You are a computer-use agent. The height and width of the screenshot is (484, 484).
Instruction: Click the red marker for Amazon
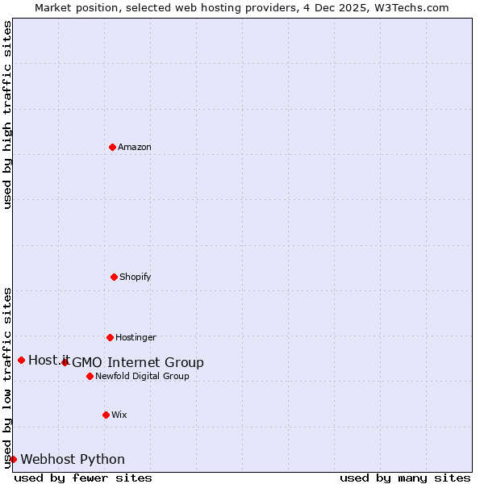(112, 147)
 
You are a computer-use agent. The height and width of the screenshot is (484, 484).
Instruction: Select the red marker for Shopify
(114, 277)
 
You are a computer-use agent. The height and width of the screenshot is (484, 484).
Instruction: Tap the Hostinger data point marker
(110, 337)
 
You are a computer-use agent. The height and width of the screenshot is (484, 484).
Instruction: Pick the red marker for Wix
(106, 415)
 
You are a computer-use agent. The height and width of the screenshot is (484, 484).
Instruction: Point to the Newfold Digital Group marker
(90, 376)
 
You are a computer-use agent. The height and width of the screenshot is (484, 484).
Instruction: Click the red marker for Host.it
(21, 360)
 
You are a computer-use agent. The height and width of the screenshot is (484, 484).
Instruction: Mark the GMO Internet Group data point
(65, 362)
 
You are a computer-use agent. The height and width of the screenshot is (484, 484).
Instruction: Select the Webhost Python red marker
(13, 459)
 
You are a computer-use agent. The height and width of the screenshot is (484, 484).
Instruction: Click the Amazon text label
(135, 147)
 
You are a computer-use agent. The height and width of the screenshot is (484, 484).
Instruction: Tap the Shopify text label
(136, 277)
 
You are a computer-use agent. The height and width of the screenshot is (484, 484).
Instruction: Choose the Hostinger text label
(136, 337)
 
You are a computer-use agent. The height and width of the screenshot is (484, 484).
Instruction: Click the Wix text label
(119, 415)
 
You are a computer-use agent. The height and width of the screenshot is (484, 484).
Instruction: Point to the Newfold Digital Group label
(142, 376)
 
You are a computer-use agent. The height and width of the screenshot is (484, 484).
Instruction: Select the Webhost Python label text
(73, 459)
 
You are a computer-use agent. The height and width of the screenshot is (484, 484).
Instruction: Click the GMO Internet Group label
(138, 362)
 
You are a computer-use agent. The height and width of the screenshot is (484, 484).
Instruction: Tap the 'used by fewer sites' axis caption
(83, 478)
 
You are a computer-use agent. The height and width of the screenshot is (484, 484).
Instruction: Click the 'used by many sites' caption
(405, 478)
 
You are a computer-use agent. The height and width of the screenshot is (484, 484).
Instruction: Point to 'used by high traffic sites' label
(8, 115)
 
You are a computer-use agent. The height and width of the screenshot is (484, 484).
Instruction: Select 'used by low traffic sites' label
(8, 377)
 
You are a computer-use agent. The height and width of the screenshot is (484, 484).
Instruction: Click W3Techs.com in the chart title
(410, 7)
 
